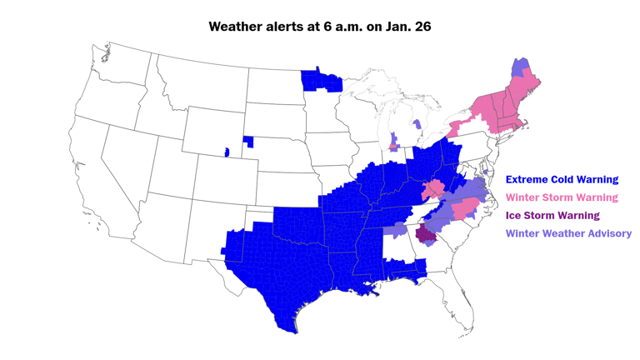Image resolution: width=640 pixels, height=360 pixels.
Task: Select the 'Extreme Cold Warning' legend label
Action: [562, 179]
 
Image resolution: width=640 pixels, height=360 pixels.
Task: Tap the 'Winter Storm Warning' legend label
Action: [562, 197]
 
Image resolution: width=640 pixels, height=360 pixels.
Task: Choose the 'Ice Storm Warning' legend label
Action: [552, 215]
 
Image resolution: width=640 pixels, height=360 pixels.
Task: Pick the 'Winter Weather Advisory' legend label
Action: [568, 233]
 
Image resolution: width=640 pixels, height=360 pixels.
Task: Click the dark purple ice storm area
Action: [427, 232]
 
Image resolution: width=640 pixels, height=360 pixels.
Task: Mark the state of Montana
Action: [200, 83]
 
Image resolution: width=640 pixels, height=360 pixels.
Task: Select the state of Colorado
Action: [222, 175]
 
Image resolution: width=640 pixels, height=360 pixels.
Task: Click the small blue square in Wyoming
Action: [226, 152]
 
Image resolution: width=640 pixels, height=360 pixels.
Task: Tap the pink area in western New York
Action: [454, 130]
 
